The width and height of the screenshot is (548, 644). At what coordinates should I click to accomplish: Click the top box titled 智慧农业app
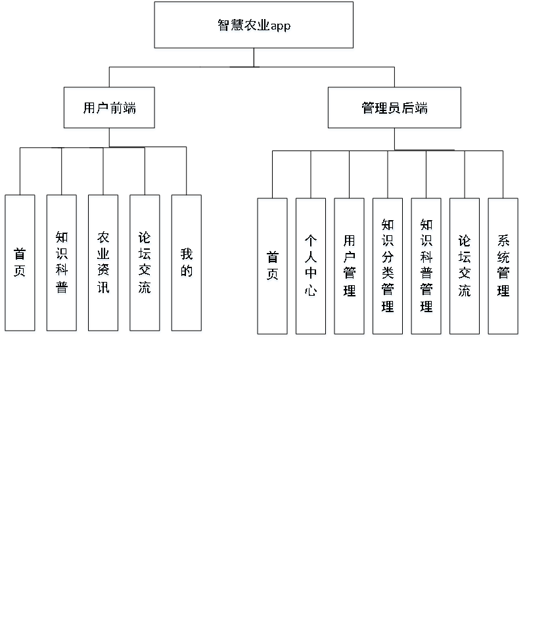point(254,26)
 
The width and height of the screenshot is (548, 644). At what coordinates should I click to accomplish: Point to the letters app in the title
point(281,27)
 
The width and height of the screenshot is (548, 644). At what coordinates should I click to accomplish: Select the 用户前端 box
point(110,109)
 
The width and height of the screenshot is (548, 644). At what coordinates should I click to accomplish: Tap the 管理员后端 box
point(395,109)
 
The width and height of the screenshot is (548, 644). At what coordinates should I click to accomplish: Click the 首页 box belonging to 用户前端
point(20,264)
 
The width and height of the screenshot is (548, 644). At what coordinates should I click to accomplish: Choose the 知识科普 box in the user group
point(62,264)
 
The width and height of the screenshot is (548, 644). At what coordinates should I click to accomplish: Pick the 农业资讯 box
point(104,264)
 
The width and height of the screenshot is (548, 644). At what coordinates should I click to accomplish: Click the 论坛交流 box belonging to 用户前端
point(145,264)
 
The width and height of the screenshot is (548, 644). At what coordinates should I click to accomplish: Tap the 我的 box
point(187,264)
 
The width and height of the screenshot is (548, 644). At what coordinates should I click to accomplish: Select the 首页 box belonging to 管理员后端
point(273,267)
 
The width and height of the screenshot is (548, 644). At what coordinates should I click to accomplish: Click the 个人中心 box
point(311,267)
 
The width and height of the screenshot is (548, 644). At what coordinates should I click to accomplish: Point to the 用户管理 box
point(350,267)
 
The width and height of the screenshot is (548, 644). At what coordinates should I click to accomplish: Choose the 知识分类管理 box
point(388,267)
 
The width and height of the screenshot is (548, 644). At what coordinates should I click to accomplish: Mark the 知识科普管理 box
point(426,267)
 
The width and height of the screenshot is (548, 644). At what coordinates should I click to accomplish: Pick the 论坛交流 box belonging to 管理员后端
point(465,267)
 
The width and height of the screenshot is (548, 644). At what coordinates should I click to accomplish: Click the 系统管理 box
point(503,267)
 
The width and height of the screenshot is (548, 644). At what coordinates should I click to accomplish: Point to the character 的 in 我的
point(187,272)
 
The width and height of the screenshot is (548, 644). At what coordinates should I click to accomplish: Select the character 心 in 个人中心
point(311,291)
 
